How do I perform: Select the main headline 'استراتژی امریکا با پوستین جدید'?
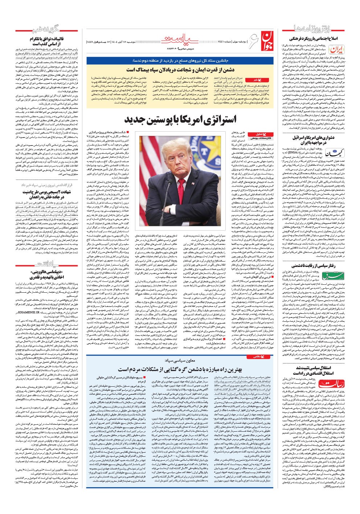(180, 119)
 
